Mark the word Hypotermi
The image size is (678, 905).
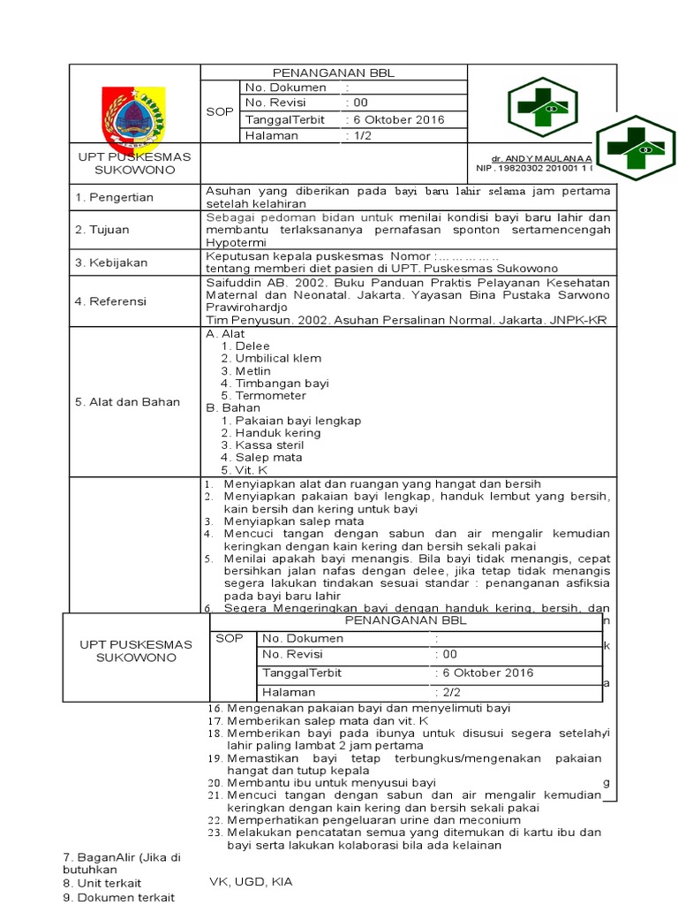(234, 240)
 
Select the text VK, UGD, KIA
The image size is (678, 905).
(251, 881)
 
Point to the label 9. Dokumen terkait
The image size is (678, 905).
(119, 897)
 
